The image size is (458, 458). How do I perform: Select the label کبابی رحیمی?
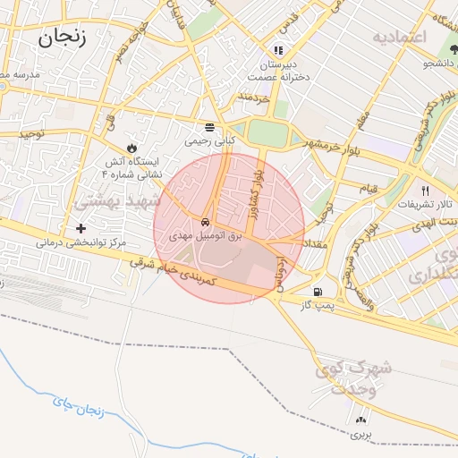click(209, 140)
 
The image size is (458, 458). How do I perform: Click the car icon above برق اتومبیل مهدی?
click(206, 221)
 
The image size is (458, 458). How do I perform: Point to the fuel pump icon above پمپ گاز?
click(318, 292)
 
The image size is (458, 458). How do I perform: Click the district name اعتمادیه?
click(400, 37)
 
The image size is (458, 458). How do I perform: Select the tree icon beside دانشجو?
click(428, 64)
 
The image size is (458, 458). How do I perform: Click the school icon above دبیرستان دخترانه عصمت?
click(278, 50)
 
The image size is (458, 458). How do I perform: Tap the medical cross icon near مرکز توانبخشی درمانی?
click(81, 228)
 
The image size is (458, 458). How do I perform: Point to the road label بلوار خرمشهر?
click(308, 147)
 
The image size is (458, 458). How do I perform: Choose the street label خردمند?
click(254, 96)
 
